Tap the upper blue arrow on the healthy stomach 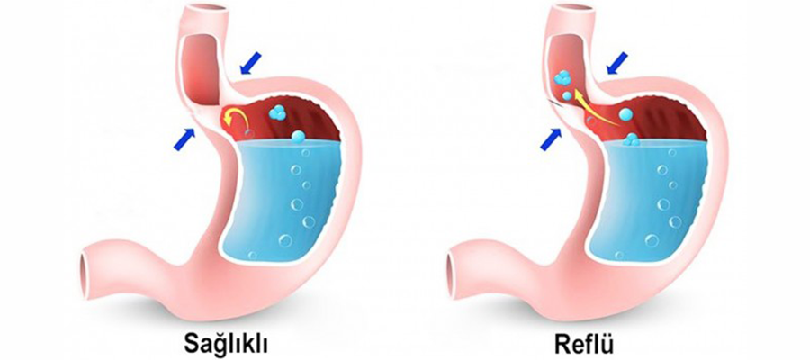click(x=254, y=61)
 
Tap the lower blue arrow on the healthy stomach click(x=184, y=137)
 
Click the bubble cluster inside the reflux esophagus click(x=565, y=84)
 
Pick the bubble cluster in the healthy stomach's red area click(x=277, y=113)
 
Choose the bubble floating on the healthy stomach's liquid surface click(x=297, y=137)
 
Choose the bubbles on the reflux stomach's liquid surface click(x=634, y=139)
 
